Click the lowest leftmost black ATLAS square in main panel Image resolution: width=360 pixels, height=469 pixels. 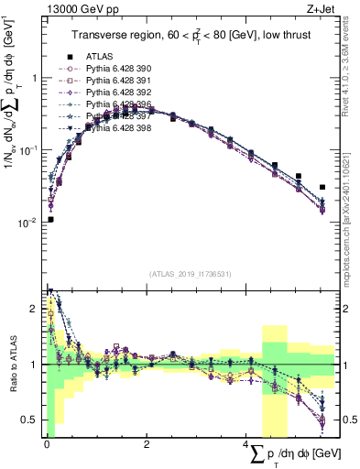click(50, 219)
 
